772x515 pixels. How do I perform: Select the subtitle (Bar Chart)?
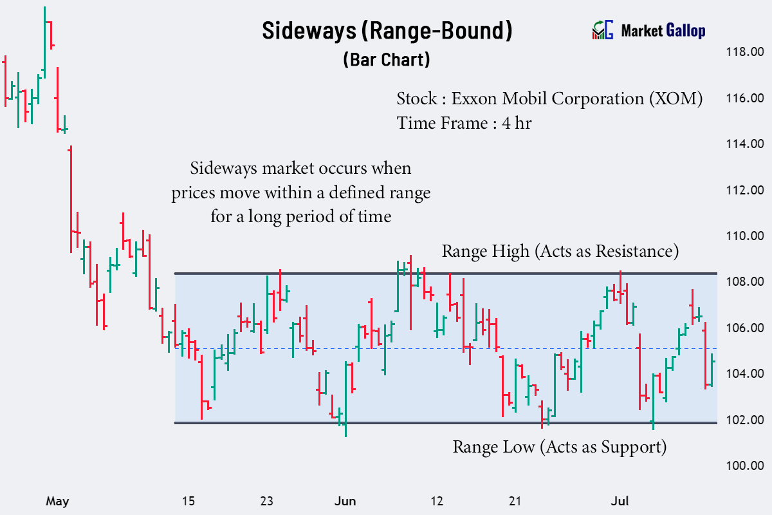click(x=386, y=60)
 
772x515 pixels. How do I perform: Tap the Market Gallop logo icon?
click(x=602, y=30)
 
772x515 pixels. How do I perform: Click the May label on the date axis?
click(x=57, y=501)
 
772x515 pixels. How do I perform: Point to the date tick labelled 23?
click(x=266, y=501)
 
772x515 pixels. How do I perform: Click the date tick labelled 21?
click(x=514, y=501)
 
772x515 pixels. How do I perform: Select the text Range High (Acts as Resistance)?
click(x=560, y=251)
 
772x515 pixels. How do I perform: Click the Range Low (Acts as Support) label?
click(x=559, y=446)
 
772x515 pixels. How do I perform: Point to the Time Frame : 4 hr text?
click(x=464, y=122)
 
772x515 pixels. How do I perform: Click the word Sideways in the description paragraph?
click(x=220, y=169)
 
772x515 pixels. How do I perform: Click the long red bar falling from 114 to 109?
click(x=71, y=200)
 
